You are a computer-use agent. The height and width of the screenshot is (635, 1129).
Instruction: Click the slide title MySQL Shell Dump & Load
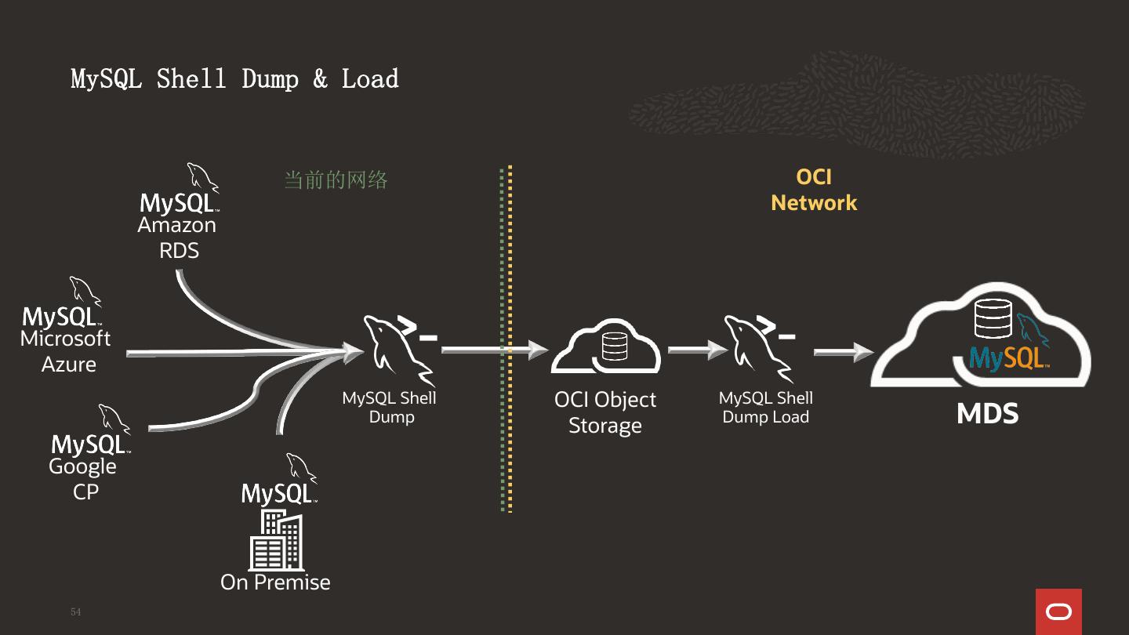pyautogui.click(x=234, y=79)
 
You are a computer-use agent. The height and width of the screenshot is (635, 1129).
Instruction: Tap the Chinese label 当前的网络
pyautogui.click(x=336, y=180)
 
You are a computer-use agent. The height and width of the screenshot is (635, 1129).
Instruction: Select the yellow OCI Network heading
pyautogui.click(x=814, y=190)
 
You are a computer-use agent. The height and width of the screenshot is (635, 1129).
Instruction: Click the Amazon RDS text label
pyautogui.click(x=178, y=238)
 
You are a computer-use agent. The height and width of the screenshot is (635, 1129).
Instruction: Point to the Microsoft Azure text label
pyautogui.click(x=67, y=351)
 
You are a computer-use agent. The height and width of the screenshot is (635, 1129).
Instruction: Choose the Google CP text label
pyautogui.click(x=83, y=479)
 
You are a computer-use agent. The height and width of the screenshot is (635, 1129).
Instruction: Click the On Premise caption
pyautogui.click(x=275, y=582)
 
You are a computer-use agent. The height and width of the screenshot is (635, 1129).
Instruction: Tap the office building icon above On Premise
pyautogui.click(x=275, y=540)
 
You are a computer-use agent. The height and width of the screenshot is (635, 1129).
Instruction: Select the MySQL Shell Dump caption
pyautogui.click(x=390, y=407)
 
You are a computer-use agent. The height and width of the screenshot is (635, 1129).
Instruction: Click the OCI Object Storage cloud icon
pyautogui.click(x=605, y=347)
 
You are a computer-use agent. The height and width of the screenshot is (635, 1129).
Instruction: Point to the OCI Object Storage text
pyautogui.click(x=605, y=412)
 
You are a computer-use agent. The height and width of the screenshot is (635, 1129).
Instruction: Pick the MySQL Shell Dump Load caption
pyautogui.click(x=765, y=407)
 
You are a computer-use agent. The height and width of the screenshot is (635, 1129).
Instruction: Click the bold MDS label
pyautogui.click(x=987, y=414)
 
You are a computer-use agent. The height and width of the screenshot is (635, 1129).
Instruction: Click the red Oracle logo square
pyautogui.click(x=1058, y=611)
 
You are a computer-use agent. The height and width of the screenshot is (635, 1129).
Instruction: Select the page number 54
pyautogui.click(x=75, y=611)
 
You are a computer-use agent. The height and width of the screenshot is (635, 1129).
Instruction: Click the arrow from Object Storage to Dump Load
pyautogui.click(x=697, y=350)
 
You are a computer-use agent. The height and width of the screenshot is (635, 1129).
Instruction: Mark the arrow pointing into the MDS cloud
pyautogui.click(x=843, y=352)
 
